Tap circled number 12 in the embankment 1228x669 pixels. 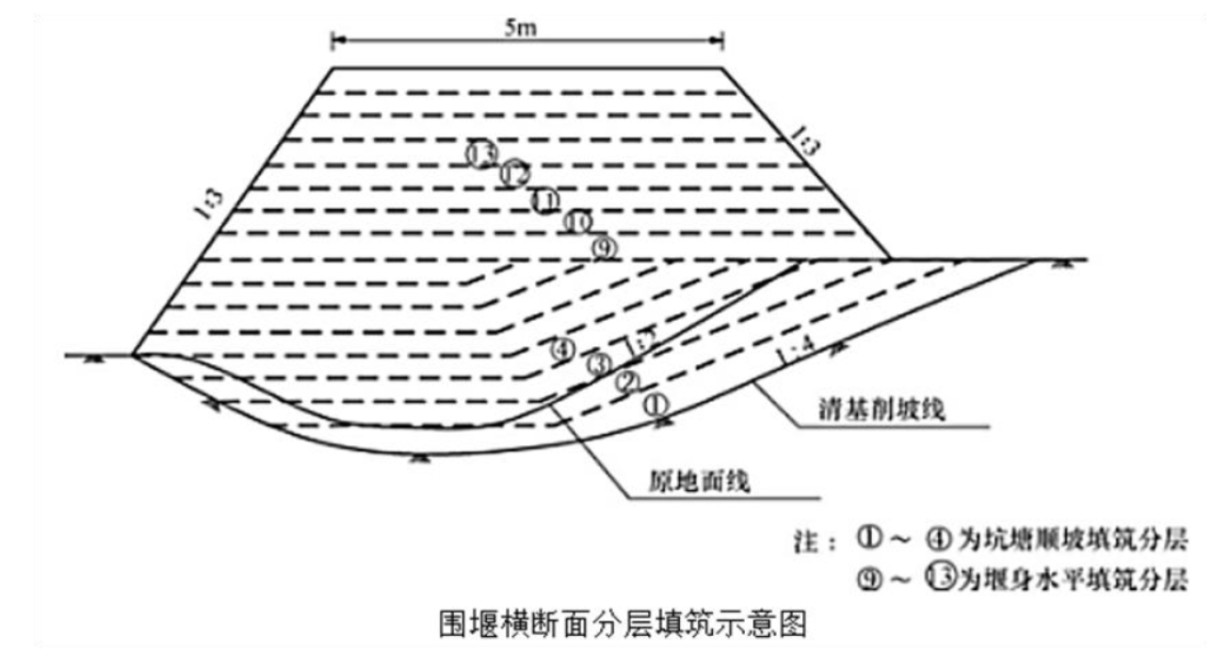tap(514, 175)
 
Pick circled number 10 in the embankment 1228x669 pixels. tap(577, 223)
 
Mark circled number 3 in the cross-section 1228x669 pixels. tap(597, 364)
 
